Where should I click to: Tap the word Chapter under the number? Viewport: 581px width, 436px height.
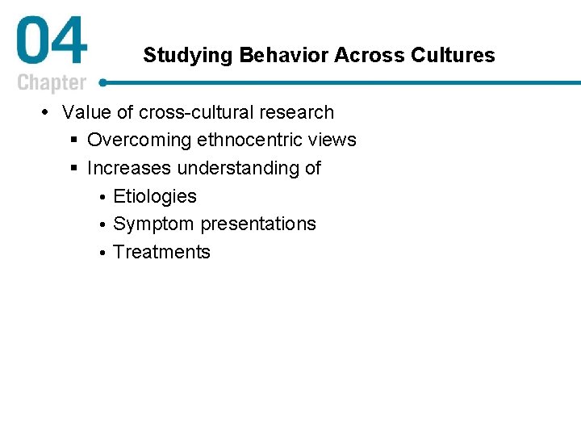52,83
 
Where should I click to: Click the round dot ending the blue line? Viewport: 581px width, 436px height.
103,82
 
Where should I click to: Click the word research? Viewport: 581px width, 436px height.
295,112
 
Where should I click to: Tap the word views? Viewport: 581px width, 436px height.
334,140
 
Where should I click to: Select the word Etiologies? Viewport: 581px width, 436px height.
155,196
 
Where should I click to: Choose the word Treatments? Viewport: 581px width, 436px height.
161,252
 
